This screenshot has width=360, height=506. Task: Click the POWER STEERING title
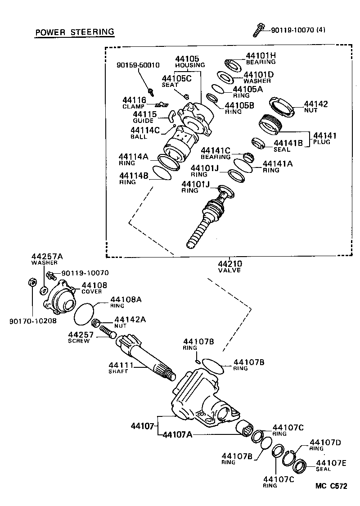coord(74,32)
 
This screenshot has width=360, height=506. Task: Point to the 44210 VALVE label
coord(229,267)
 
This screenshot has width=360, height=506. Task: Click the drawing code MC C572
coord(331,486)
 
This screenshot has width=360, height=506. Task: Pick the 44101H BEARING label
coord(260,59)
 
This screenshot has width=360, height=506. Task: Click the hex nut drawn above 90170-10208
coord(32,282)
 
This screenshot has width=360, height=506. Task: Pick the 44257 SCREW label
coord(80,337)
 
